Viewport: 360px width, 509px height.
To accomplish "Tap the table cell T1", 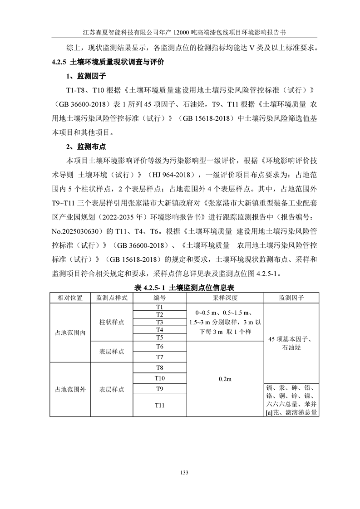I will (159, 307).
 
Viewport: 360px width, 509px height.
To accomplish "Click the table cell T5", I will (159, 338).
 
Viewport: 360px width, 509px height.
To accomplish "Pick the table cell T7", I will (159, 357).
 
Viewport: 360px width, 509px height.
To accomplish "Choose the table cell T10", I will (159, 378).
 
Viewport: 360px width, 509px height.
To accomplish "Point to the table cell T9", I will (159, 389).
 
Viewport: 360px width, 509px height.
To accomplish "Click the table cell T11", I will (159, 405).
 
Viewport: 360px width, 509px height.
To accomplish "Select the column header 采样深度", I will (225, 298).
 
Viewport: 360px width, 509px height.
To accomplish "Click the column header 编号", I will (159, 298).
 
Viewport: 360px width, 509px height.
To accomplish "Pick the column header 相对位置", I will (70, 298).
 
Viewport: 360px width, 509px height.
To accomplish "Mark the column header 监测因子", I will (291, 298).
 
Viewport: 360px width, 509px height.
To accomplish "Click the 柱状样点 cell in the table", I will (112, 322).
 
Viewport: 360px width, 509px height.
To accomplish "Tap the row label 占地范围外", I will (70, 389).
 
